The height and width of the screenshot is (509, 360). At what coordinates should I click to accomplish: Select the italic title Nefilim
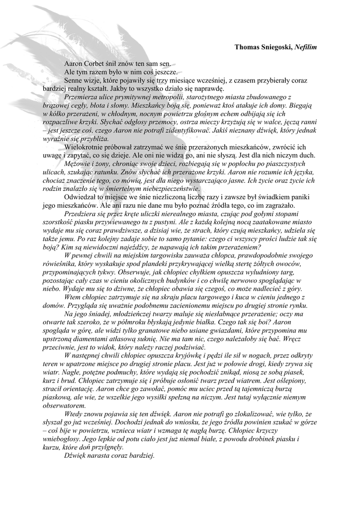coord(305,47)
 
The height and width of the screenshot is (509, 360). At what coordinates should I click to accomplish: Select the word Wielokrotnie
coord(86,148)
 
